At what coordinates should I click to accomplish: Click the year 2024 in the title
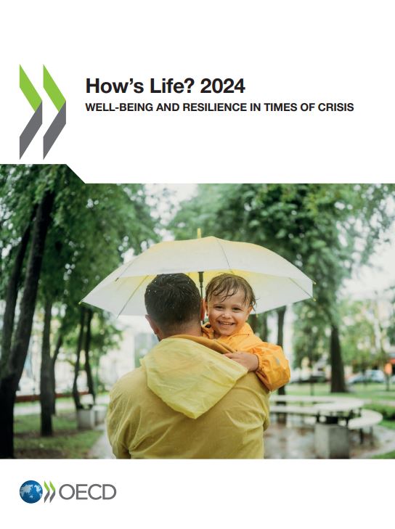[x=222, y=86]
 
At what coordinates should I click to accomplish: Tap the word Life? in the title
[x=172, y=86]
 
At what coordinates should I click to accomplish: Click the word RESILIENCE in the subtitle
[x=213, y=107]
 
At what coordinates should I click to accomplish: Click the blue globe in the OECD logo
[x=30, y=491]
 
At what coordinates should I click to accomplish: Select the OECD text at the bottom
[x=87, y=492]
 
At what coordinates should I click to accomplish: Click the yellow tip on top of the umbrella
[x=199, y=233]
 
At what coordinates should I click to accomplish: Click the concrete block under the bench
[x=332, y=440]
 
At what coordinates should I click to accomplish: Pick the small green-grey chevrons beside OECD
[x=49, y=491]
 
